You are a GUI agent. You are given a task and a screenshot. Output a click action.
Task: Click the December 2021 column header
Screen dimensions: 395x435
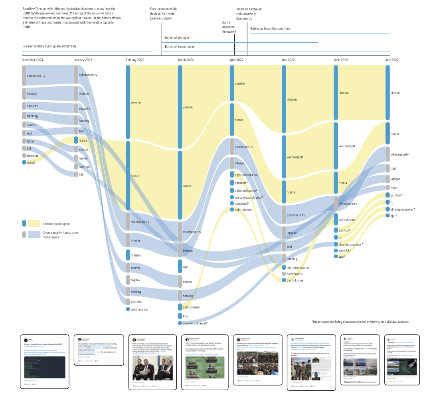pyautogui.click(x=33, y=60)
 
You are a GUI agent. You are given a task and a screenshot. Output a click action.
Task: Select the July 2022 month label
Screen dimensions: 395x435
pyautogui.click(x=392, y=60)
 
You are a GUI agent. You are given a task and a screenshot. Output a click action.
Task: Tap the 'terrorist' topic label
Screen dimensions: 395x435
pyautogui.click(x=32, y=156)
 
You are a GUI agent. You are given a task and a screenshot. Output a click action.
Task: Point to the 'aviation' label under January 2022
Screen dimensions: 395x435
pyautogui.click(x=84, y=167)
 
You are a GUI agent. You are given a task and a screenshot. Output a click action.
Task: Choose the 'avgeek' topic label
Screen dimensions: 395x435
pyautogui.click(x=135, y=280)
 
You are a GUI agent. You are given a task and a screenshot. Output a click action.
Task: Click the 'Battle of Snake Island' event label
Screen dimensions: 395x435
pyautogui.click(x=180, y=47)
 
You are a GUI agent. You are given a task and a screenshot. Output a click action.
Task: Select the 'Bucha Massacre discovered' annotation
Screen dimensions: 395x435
pyautogui.click(x=229, y=27)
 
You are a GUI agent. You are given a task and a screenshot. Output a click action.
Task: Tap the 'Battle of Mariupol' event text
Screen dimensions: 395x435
pyautogui.click(x=177, y=38)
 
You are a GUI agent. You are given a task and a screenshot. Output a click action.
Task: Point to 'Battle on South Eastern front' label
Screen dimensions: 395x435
pyautogui.click(x=270, y=29)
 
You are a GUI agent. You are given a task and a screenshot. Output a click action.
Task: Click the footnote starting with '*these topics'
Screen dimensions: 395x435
pyautogui.click(x=360, y=322)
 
